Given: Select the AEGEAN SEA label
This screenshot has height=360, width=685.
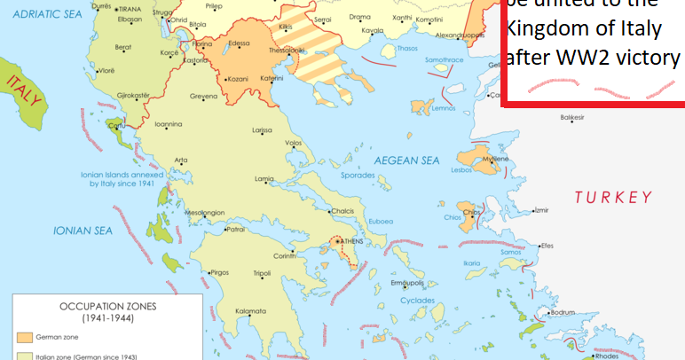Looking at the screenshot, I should pos(406,160).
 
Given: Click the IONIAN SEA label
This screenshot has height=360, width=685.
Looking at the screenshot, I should pos(83,231).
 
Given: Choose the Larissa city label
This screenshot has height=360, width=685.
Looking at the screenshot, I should pos(262,130).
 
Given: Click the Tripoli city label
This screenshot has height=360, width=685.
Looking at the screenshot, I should pos(263,273).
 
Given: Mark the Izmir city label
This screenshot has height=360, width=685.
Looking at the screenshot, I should pos(540,210).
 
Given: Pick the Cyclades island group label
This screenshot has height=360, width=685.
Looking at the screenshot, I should pos(417,301).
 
